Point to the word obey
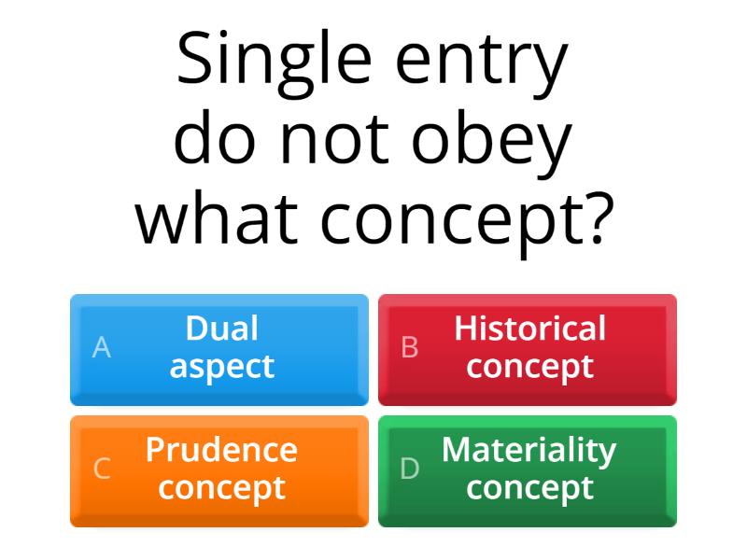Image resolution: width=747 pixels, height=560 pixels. (501, 140)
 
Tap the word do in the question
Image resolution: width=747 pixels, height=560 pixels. (218, 140)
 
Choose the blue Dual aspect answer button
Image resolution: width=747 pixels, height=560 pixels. (219, 349)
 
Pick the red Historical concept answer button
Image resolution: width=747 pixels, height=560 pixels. (528, 349)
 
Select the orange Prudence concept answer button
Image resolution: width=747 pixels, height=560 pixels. (219, 470)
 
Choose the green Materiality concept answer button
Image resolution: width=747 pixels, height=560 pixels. (528, 470)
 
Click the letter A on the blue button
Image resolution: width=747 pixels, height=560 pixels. (102, 348)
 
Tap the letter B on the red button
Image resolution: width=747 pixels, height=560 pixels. (410, 348)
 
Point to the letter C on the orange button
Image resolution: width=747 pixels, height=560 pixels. (102, 469)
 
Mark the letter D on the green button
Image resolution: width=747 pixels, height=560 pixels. (410, 469)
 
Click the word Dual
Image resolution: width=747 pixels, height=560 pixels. (222, 329)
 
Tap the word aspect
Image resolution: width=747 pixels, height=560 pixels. (222, 367)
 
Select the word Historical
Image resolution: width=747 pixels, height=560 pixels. (529, 329)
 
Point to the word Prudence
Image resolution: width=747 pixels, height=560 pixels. (221, 450)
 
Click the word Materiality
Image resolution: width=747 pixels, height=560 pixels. (529, 450)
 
